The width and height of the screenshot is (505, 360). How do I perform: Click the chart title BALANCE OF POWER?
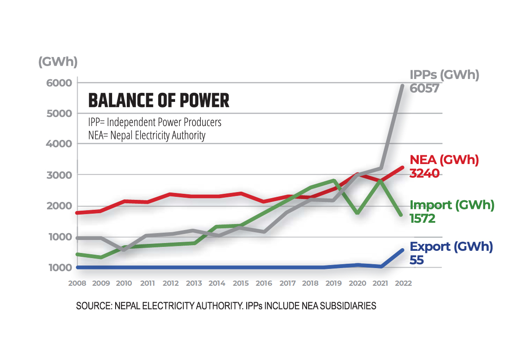point(158,101)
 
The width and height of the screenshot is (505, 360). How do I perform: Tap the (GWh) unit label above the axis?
point(58,62)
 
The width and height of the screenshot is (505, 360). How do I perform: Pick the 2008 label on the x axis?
point(77,284)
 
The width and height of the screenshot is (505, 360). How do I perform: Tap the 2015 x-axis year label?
point(241,284)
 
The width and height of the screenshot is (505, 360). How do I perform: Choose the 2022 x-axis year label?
point(403,284)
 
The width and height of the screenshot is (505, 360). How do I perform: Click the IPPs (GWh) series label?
point(444,75)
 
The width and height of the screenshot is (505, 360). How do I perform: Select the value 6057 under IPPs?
point(424,88)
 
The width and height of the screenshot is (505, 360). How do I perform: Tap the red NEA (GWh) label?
point(444,160)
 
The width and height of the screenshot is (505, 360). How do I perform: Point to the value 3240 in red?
point(424,174)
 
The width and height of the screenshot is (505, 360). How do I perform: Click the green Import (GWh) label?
point(452,205)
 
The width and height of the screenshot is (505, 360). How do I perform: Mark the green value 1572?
point(423,218)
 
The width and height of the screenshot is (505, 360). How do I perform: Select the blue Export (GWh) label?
point(451,247)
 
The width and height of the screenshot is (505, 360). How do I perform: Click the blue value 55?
point(417,260)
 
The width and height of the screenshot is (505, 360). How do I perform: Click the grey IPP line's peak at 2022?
point(402,86)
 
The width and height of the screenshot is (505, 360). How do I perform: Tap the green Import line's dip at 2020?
point(358,212)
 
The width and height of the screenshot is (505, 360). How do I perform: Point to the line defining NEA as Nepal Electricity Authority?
point(147,136)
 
